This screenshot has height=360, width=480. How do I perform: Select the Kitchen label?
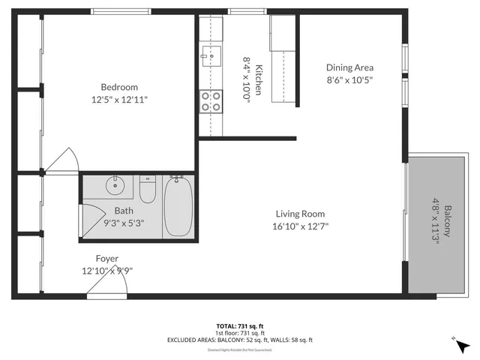(259, 79)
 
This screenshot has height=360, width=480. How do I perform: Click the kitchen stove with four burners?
(211, 101)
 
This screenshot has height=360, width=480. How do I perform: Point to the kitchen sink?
(209, 54)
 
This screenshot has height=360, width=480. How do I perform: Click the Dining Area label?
(349, 67)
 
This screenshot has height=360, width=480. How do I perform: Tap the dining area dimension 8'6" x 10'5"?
(349, 79)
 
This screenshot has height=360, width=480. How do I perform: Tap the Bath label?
(124, 211)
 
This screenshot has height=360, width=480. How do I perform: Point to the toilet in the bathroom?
(148, 191)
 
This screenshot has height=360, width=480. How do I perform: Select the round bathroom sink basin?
(116, 184)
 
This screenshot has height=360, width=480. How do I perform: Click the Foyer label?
(106, 258)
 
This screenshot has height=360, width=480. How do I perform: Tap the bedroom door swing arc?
(64, 157)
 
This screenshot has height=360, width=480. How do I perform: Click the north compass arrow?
(460, 346)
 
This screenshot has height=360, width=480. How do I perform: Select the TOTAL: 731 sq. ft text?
(239, 325)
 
